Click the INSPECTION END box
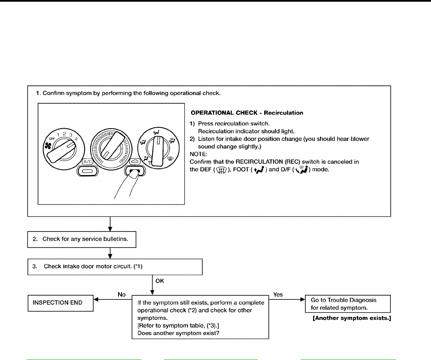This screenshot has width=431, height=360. click(61, 303)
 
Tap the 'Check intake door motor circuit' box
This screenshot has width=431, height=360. click(115, 267)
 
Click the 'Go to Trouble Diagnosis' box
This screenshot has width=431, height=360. click(347, 303)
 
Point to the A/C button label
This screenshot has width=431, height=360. click(88, 162)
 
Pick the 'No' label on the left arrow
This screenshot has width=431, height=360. click(122, 294)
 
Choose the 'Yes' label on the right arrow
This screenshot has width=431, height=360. click(279, 294)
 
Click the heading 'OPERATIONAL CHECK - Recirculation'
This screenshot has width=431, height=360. click(247, 113)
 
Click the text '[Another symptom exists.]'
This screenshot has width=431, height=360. click(351, 318)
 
